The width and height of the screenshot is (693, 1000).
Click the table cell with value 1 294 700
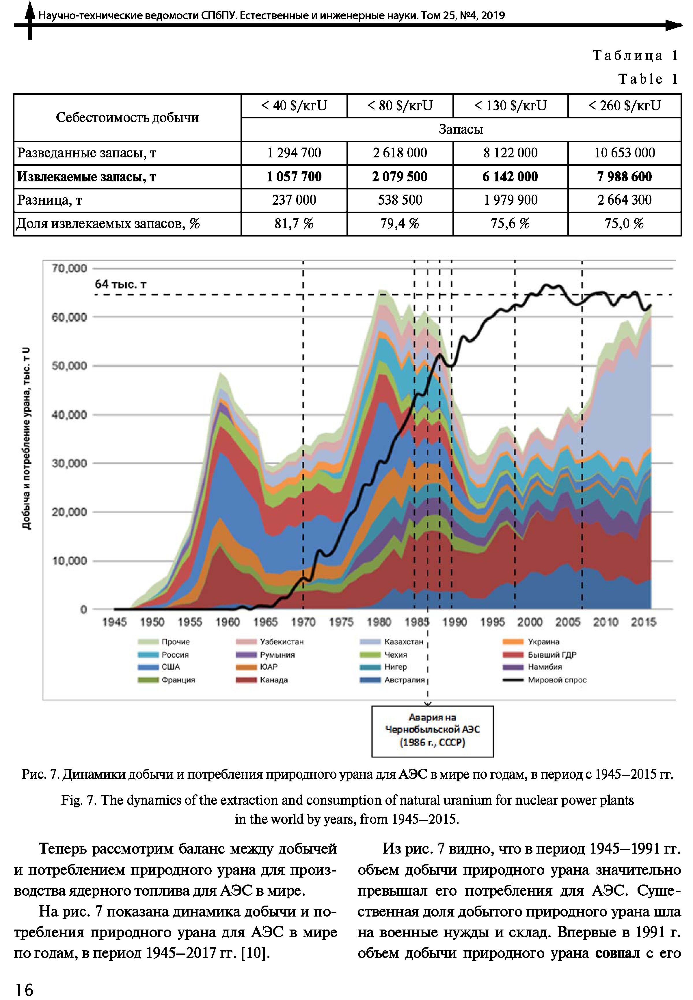point(294,153)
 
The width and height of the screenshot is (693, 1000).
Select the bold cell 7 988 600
point(624,177)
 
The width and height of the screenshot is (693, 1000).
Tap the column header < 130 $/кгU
point(510,105)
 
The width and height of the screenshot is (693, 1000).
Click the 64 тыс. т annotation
point(121,284)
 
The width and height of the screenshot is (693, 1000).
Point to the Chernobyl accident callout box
point(433,731)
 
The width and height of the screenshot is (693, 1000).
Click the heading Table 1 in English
point(648,79)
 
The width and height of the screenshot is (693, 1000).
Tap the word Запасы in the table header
point(461,129)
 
